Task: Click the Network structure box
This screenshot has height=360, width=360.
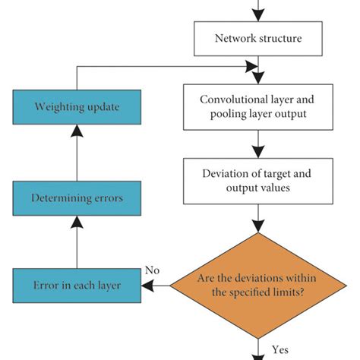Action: tap(259, 39)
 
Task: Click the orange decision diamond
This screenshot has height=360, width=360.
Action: tap(259, 286)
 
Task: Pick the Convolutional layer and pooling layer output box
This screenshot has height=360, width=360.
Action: tap(259, 108)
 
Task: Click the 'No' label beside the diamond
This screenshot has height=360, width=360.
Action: tap(153, 270)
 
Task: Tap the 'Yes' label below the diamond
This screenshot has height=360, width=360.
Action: tap(280, 349)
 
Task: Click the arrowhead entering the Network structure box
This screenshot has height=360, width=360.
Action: tap(259, 15)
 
